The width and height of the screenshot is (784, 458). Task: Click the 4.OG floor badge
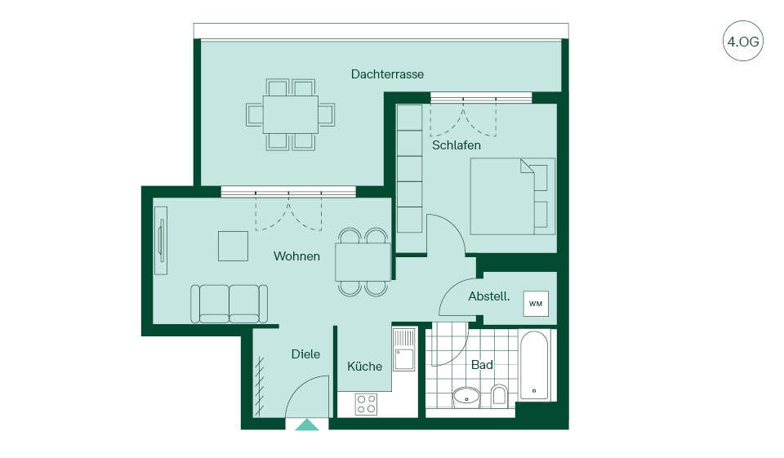[x=743, y=41]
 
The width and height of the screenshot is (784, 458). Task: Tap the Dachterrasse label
[x=387, y=74]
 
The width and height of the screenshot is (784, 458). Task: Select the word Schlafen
[x=457, y=145]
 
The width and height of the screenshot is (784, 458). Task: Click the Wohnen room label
[x=296, y=256]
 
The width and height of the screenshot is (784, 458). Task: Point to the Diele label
[x=305, y=354]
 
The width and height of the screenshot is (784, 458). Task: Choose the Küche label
[x=364, y=366]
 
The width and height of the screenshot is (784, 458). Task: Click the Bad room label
[x=482, y=364]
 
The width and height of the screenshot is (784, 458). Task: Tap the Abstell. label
[x=489, y=296]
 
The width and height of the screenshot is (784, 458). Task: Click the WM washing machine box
[x=536, y=304]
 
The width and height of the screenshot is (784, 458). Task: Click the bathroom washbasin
[x=466, y=397]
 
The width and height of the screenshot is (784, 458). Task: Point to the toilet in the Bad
[x=499, y=394]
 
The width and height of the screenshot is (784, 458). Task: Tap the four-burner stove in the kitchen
[x=366, y=404]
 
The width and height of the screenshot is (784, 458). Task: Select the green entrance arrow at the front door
[x=307, y=425]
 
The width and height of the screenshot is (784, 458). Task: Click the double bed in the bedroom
[x=513, y=196]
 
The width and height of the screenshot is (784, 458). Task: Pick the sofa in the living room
[x=229, y=304]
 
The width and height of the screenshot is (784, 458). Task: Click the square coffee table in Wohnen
[x=233, y=246]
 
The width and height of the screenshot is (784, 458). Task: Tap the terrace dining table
[x=291, y=114]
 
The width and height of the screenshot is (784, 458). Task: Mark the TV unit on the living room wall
[x=161, y=240]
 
